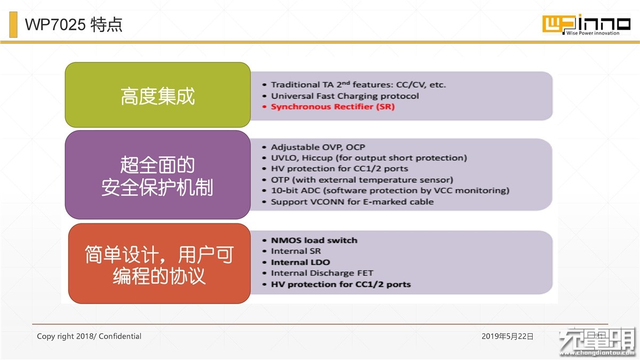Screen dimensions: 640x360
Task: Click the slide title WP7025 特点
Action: point(74,25)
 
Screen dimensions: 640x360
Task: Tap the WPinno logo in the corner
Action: point(586,25)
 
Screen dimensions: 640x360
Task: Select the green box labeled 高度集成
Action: point(158,95)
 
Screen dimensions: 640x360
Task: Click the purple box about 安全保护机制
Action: point(158,175)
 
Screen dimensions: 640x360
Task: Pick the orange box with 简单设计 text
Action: point(159,263)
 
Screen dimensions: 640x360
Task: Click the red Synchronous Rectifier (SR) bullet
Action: point(333,107)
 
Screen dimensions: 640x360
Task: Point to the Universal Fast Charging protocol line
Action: point(345,96)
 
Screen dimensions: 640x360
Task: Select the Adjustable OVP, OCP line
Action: point(318,147)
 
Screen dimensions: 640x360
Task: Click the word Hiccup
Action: point(317,158)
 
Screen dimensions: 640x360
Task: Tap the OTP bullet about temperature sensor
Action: point(362,180)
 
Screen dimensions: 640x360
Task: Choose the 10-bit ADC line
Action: point(390,190)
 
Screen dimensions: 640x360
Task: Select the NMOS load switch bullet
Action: point(314,241)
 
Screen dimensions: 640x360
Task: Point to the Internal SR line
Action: point(295,251)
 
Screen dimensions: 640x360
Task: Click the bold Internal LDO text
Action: point(300,262)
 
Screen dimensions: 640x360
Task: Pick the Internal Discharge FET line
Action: point(322,273)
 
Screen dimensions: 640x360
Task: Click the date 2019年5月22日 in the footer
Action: point(507,337)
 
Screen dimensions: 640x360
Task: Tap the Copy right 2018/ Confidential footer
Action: point(89,337)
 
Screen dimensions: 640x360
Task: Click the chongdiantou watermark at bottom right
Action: point(598,342)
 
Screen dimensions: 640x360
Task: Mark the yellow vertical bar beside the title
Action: point(13,25)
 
